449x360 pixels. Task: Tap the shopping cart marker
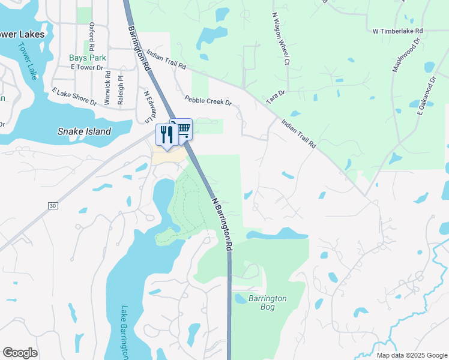click(183, 128)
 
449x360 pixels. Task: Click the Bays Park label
click(87, 58)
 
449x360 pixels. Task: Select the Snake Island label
click(84, 131)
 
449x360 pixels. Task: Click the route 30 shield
click(53, 206)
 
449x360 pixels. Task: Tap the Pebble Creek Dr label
click(208, 101)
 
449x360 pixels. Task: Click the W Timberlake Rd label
click(398, 31)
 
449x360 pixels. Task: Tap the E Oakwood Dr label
click(426, 95)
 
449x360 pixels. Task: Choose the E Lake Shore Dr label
click(74, 97)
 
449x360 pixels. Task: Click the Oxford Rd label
click(92, 36)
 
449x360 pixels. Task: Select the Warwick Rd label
click(107, 88)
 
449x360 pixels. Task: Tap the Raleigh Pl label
click(121, 90)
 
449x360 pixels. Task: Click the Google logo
click(20, 353)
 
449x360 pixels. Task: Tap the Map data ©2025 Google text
click(411, 355)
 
